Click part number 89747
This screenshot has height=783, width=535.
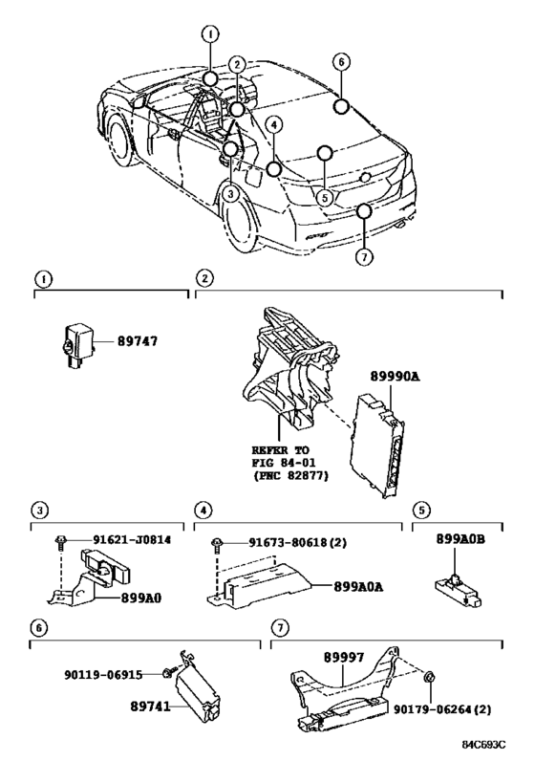point(138,341)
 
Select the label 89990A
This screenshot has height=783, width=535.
point(395,377)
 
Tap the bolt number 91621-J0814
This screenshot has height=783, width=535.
point(132,540)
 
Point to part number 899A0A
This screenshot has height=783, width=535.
point(358,587)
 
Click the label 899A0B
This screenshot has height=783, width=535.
point(460,539)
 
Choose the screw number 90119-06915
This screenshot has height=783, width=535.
point(103,675)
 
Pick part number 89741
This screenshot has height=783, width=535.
point(150,707)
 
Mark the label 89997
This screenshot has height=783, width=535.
point(344,658)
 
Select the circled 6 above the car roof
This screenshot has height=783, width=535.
point(341,62)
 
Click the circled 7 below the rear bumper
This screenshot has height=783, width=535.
point(364,256)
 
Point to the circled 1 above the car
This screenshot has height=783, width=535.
point(210,34)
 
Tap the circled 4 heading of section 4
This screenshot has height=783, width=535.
point(203,511)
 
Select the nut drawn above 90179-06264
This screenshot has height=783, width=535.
point(428,678)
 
